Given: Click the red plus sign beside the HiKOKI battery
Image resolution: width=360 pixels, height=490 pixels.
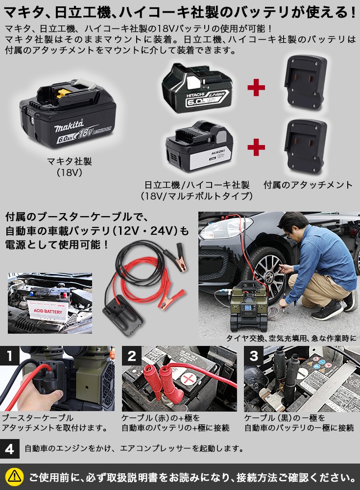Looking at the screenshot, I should pos(256,147).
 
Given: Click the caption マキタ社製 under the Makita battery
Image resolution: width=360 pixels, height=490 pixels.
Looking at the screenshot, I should pos(69,161).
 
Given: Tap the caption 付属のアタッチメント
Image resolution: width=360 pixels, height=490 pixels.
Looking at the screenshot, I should pos(308,185).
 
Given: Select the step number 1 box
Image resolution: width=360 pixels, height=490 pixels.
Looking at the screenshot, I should pos(10,356).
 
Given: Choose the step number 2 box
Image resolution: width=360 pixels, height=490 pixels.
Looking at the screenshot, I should pos(131,356).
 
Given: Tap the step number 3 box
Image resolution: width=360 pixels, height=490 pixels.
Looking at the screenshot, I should pos(253,356).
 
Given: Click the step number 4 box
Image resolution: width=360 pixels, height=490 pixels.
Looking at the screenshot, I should pos(10,449).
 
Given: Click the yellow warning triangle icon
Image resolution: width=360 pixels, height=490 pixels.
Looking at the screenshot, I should pos(15,476).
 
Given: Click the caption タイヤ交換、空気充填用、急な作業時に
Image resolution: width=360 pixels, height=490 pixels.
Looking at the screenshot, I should pos(291,338).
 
